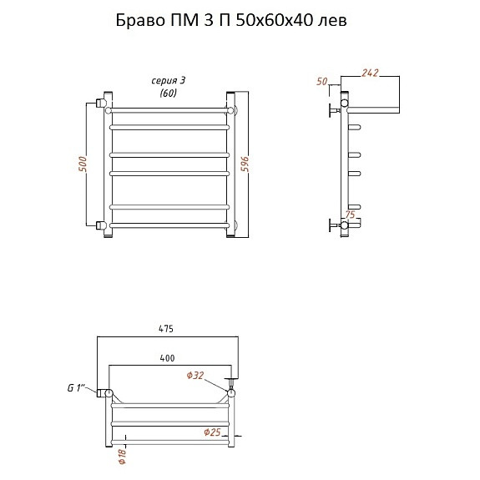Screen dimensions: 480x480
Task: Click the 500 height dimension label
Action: (83, 164)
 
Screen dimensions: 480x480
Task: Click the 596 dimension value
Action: (245, 164)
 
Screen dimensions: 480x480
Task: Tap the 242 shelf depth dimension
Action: (370, 73)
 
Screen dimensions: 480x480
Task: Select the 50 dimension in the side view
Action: (322, 82)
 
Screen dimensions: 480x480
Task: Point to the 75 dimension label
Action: (351, 215)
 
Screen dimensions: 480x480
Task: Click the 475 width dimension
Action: (166, 329)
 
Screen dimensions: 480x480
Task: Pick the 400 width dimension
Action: (167, 358)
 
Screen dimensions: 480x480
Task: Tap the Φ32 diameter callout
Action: (195, 376)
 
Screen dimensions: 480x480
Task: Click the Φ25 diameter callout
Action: (212, 432)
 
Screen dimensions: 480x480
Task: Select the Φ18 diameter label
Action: (122, 457)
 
